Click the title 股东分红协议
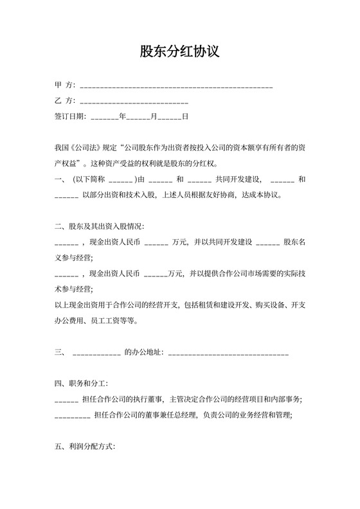[x=180, y=51]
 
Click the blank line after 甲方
[x=176, y=85]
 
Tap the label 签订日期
[x=69, y=117]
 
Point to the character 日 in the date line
[x=185, y=117]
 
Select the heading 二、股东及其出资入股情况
[x=100, y=227]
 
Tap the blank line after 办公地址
[x=228, y=352]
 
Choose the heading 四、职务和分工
[x=81, y=384]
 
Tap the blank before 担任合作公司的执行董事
[x=67, y=400]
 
